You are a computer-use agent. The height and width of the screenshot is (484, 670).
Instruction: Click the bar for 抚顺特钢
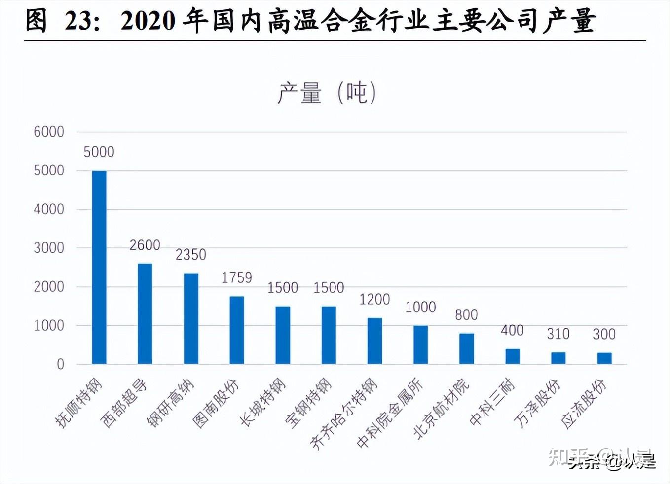coord(99,267)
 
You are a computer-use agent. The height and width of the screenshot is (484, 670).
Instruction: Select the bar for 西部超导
coord(145,314)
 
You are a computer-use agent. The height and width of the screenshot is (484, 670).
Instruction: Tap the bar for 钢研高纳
coord(191,318)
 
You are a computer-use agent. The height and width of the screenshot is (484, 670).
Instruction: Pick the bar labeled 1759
coord(237,330)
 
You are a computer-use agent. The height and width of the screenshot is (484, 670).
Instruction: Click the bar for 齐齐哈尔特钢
coord(375,341)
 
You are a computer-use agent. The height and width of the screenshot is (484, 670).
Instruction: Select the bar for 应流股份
coord(604,358)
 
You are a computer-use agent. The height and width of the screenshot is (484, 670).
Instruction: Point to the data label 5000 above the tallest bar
coord(99,152)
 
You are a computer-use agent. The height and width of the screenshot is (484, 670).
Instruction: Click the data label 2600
coord(145,245)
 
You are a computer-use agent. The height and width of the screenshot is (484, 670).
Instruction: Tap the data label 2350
coord(190,255)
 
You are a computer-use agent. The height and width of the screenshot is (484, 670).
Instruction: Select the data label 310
coord(558,334)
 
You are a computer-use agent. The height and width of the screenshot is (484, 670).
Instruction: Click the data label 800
coord(466,315)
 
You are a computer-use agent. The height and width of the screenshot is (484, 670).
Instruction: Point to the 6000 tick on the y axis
coord(49,132)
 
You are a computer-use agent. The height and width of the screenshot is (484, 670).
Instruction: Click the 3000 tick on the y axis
coord(49,248)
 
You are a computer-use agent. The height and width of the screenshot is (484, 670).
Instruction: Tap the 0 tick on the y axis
coord(60,364)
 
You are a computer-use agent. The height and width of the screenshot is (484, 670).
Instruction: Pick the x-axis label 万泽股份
coord(537,403)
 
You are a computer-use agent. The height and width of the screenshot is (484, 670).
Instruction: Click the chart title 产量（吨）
coord(327,93)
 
